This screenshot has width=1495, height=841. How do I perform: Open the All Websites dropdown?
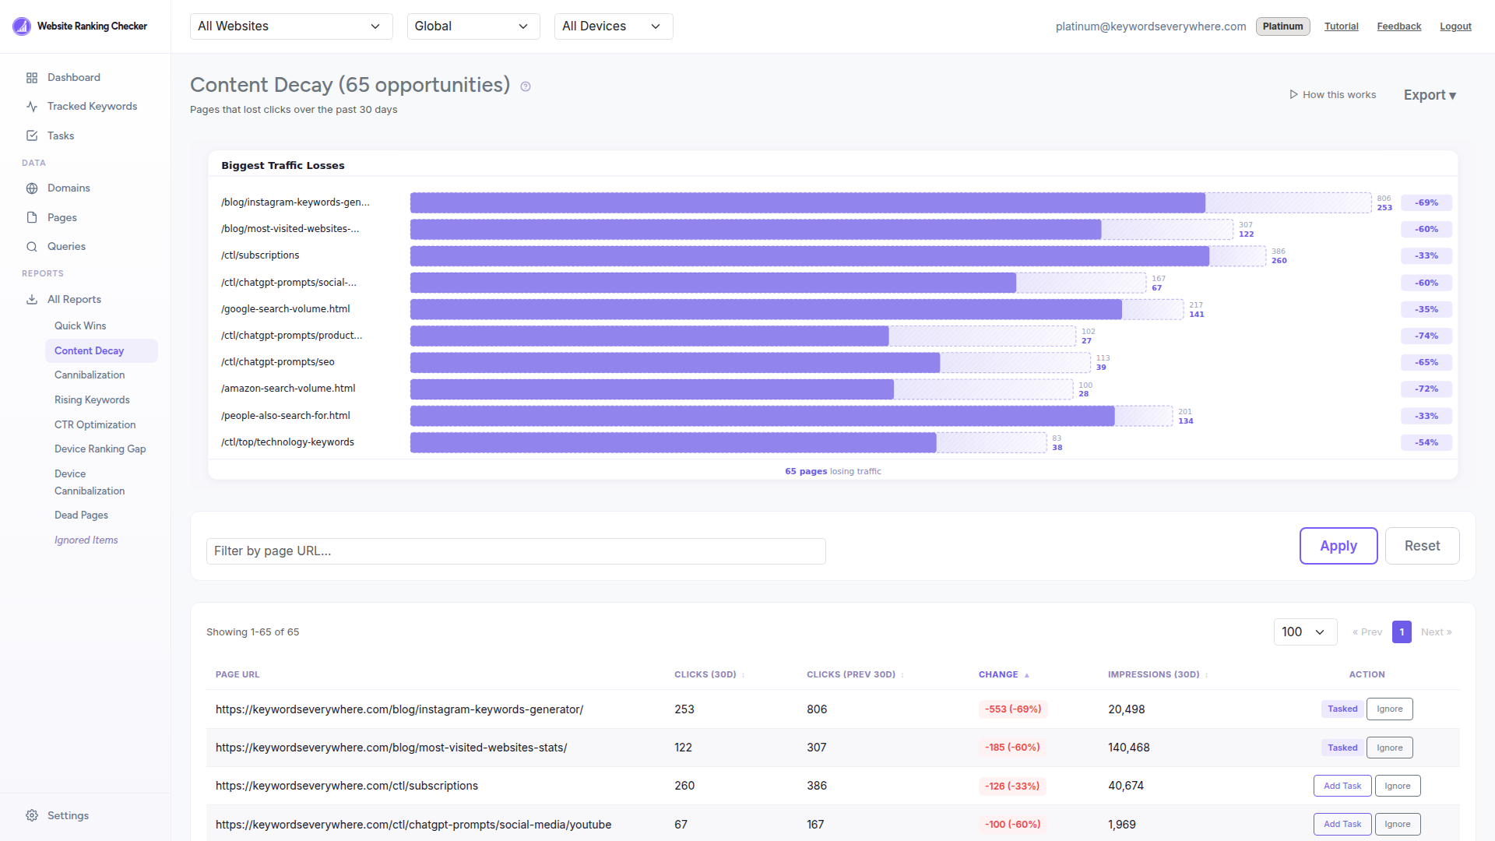[290, 26]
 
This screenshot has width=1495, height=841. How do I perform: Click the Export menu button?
[1429, 95]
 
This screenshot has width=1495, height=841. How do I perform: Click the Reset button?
[1421, 546]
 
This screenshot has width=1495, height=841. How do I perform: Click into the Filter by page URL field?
[515, 551]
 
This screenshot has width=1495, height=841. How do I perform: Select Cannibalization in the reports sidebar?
[90, 375]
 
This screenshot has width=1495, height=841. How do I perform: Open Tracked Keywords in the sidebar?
[92, 107]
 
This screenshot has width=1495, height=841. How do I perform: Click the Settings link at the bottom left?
[68, 815]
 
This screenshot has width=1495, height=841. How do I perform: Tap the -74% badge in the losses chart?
[1426, 336]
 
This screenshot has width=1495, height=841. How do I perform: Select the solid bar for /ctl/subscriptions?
[809, 256]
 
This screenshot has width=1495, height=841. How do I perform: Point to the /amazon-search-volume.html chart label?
[288, 389]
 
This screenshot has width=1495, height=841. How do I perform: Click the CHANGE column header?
[998, 674]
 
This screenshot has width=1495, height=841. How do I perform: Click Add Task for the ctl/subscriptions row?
[1342, 786]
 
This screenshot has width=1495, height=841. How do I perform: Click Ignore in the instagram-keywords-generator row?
[1389, 709]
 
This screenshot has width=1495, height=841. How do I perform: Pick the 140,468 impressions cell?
[1128, 748]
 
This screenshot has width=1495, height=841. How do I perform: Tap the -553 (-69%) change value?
[1012, 709]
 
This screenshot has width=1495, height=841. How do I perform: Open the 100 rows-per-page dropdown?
[1304, 632]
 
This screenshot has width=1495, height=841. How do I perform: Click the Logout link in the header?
[1455, 26]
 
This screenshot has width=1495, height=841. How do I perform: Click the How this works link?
[1332, 95]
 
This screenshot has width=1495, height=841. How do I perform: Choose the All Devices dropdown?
[613, 26]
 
